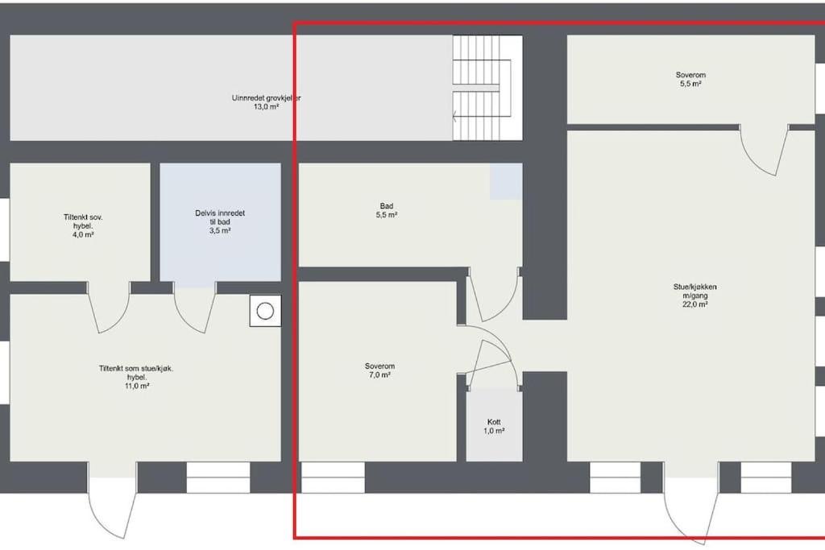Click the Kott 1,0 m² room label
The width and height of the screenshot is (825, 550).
pos(494,427)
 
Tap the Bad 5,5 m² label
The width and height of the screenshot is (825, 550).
pos(387,210)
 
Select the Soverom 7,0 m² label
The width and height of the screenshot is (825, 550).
pos(379,370)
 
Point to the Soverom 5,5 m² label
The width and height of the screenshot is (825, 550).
pos(690,79)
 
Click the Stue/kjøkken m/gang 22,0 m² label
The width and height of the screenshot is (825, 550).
pos(694,295)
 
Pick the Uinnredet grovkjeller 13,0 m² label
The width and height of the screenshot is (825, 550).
pos(266,102)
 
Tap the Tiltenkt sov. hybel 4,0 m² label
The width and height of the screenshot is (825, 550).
pos(83,225)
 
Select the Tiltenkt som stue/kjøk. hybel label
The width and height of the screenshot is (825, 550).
pos(136,377)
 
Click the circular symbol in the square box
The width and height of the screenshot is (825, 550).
pos(265,311)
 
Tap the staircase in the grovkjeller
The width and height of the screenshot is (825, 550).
pos(487,88)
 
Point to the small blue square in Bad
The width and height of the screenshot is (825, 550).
pos(506,181)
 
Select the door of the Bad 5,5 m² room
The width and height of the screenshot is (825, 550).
pos(492,295)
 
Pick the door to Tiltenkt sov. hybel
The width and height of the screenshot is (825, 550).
pos(109,308)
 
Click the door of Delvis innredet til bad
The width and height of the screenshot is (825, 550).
pos(195,308)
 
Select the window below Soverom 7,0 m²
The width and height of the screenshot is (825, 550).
pos(333,478)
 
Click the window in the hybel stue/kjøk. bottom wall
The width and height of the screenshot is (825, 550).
pos(218,478)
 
